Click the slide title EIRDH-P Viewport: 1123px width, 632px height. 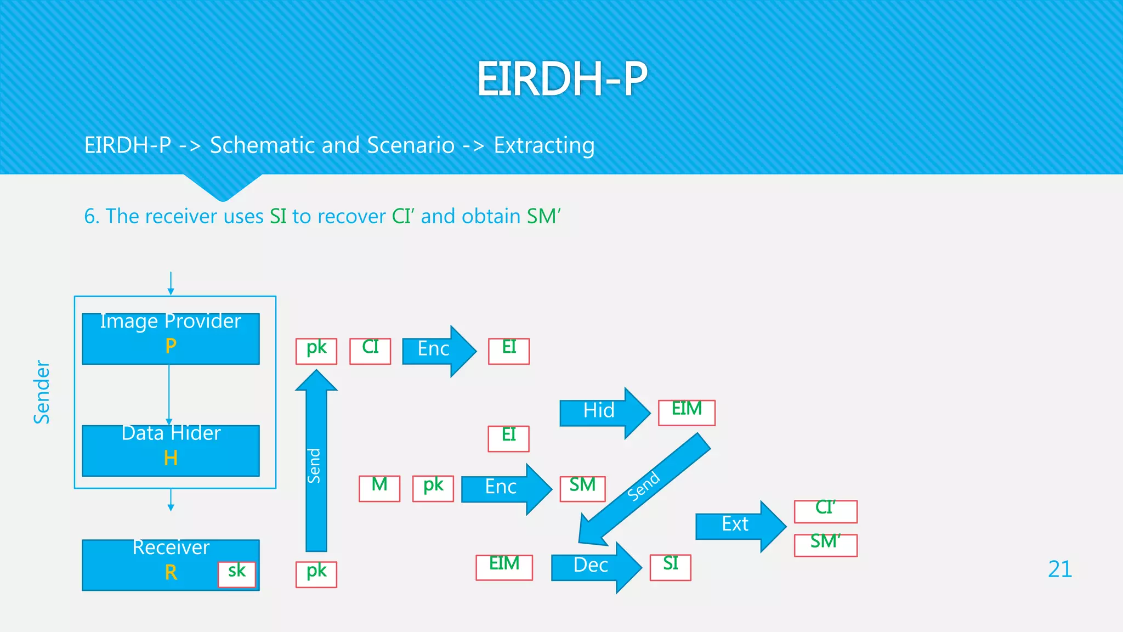click(561, 79)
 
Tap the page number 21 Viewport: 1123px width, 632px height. click(1059, 569)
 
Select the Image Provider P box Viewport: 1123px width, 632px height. click(171, 338)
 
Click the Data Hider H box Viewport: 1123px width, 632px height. click(171, 450)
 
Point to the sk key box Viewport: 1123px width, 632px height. click(237, 574)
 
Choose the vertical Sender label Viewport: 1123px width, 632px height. click(42, 392)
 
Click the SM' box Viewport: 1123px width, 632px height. click(825, 545)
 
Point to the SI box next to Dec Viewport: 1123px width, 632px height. click(670, 567)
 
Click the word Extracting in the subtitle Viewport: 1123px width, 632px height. click(544, 145)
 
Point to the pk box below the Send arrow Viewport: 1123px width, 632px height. click(316, 574)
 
